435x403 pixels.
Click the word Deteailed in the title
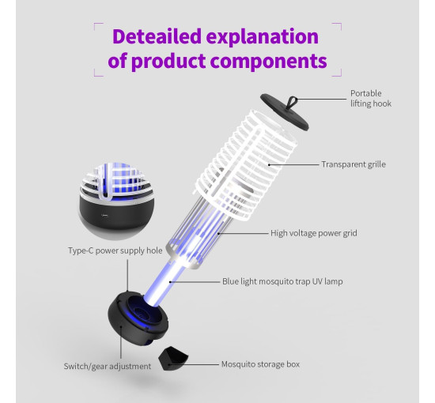coord(157,36)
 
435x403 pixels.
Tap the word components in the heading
coord(268,61)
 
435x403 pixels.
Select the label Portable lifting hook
coord(371,99)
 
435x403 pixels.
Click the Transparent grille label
coord(354,164)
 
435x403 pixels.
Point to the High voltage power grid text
coord(314,233)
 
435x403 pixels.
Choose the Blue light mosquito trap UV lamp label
coord(282,281)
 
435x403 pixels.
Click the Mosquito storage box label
coord(260,364)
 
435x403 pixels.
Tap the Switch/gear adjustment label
coord(108,367)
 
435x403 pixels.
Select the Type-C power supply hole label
coord(115,250)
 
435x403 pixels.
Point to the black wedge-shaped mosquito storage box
coord(173,359)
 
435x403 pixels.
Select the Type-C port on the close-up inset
coord(105,215)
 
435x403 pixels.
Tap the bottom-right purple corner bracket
coord(339,73)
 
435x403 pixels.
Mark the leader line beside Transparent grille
coord(293,164)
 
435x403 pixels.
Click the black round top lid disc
coord(285,112)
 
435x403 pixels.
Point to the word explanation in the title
coord(263,36)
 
